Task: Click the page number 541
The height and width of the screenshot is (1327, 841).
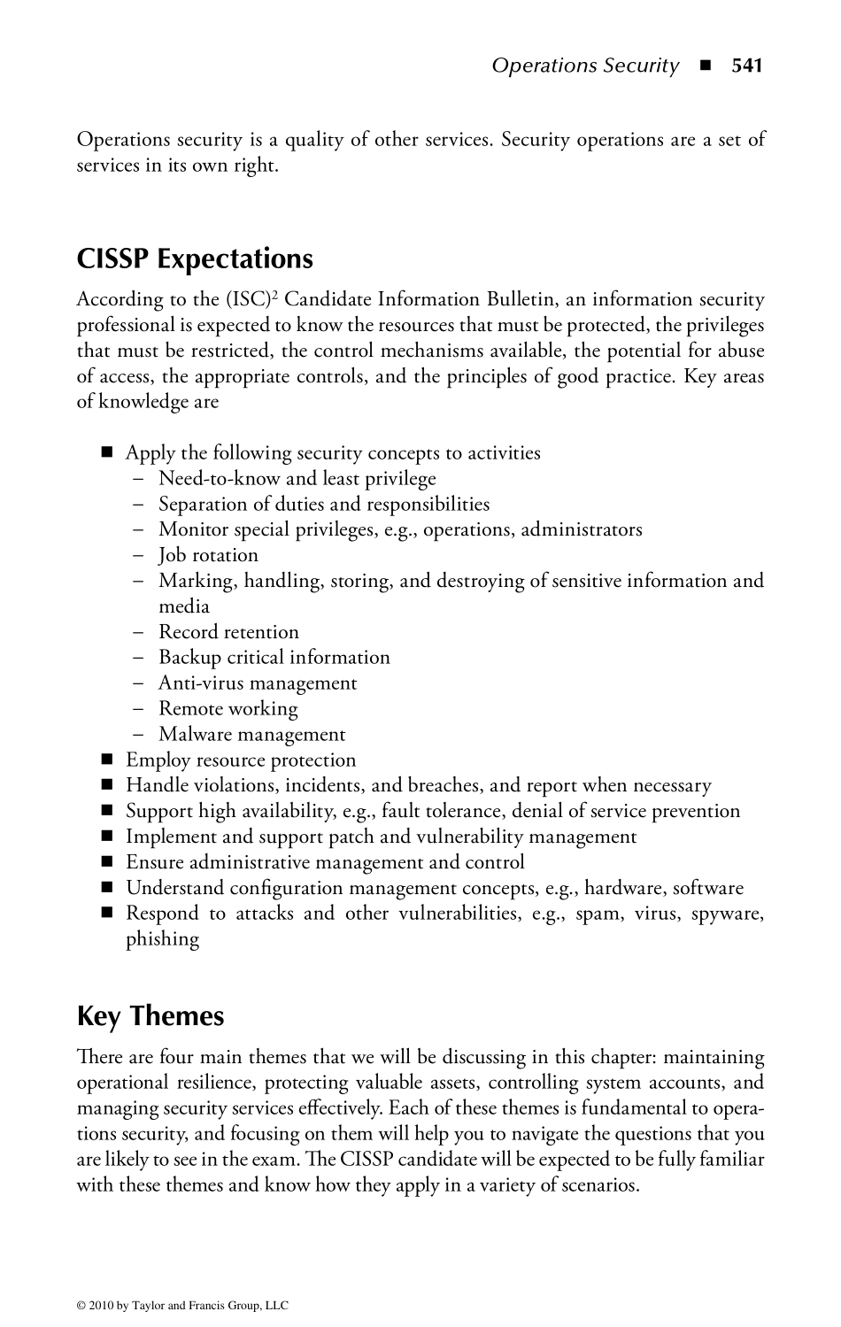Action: tap(746, 66)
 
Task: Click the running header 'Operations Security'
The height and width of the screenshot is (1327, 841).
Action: tap(585, 66)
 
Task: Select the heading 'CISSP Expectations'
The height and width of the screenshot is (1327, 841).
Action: tap(195, 258)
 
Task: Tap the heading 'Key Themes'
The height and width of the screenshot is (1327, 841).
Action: tap(150, 1016)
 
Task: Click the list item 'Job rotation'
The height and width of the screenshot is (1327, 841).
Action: tap(208, 555)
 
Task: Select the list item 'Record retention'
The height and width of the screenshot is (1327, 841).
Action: tap(228, 632)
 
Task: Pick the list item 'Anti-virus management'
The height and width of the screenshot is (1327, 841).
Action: tap(258, 683)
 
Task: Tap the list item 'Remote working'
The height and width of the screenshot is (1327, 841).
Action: tap(228, 709)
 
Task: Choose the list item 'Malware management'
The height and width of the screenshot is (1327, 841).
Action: tap(252, 735)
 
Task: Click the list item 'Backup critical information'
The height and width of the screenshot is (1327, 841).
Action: tap(274, 658)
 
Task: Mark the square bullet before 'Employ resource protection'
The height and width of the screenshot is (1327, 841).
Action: tap(108, 760)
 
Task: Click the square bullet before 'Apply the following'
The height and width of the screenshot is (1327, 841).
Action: tap(108, 453)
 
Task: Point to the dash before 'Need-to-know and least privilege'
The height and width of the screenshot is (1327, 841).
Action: tap(138, 479)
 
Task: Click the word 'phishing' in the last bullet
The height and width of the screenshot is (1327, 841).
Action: tap(162, 939)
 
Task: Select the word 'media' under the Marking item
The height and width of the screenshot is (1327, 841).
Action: tap(184, 606)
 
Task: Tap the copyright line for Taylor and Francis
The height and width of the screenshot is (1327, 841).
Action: tap(183, 1305)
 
